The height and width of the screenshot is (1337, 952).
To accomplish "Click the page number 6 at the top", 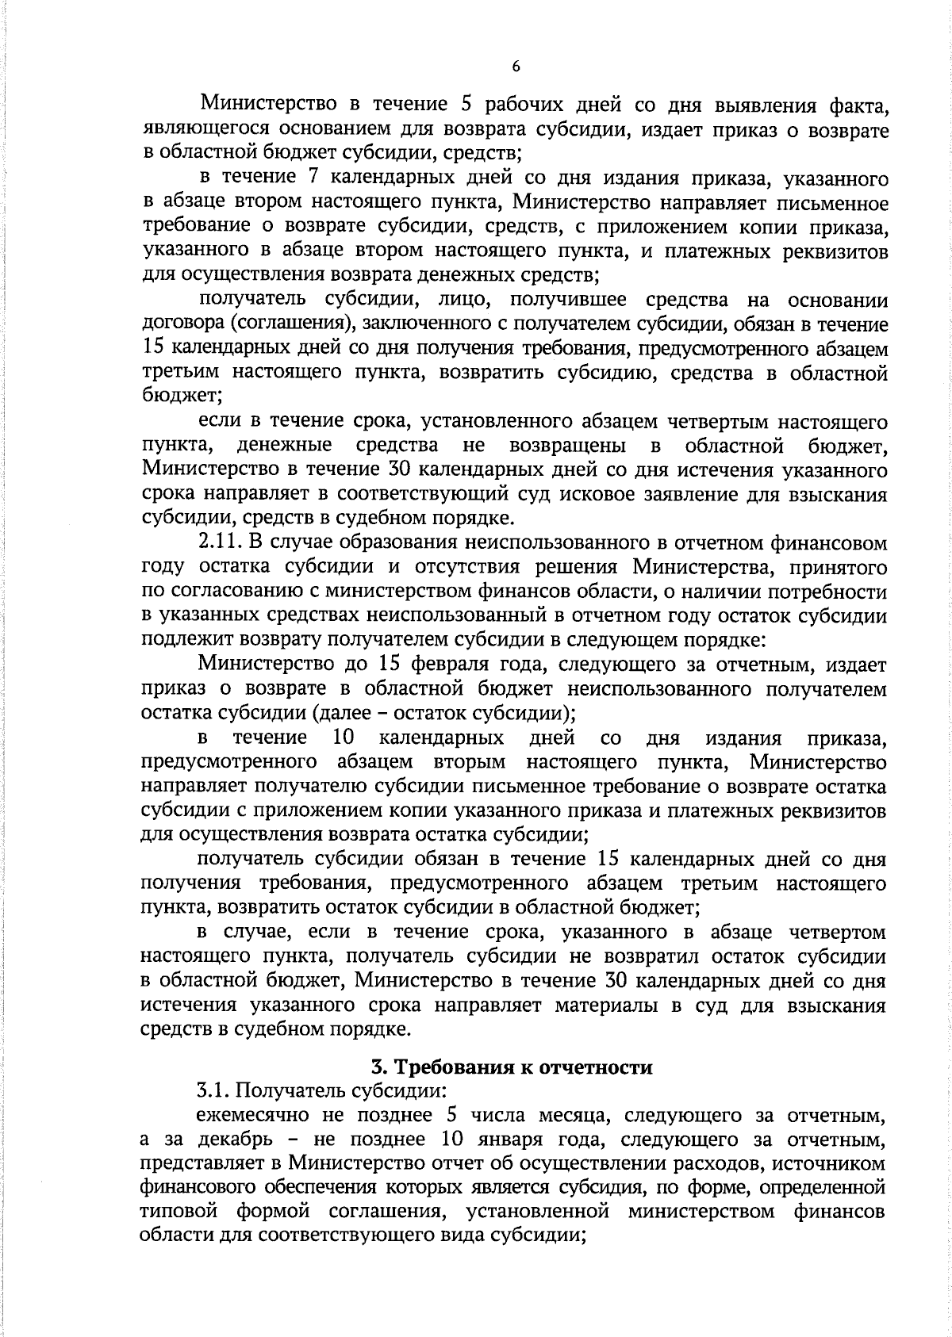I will tap(516, 68).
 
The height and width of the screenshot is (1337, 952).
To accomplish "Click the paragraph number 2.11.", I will tap(218, 543).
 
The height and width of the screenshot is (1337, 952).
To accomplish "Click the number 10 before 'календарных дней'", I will tap(343, 738).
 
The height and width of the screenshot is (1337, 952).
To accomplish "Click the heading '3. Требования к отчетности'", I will tap(512, 1067).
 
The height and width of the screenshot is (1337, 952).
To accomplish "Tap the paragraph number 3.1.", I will tap(212, 1091).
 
